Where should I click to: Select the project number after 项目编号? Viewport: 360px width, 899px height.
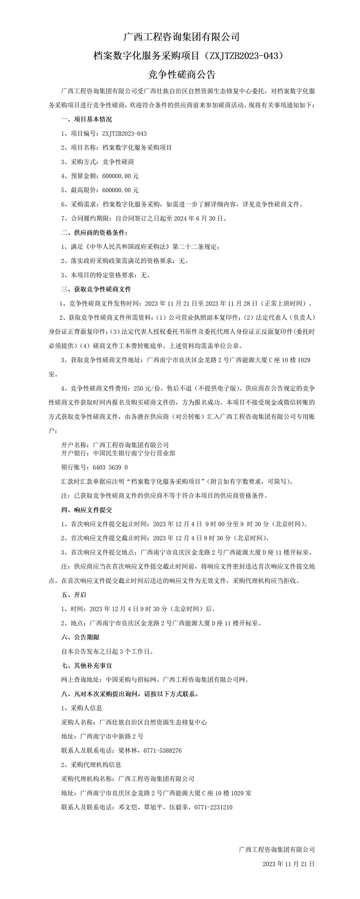coord(125,134)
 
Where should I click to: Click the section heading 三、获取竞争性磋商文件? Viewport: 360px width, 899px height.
coord(96,289)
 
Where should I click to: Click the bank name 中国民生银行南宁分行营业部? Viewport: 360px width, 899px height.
coord(134,453)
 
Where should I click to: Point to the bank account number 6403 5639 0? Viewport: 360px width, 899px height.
coord(110,467)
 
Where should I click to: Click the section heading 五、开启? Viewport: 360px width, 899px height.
coord(73,595)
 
